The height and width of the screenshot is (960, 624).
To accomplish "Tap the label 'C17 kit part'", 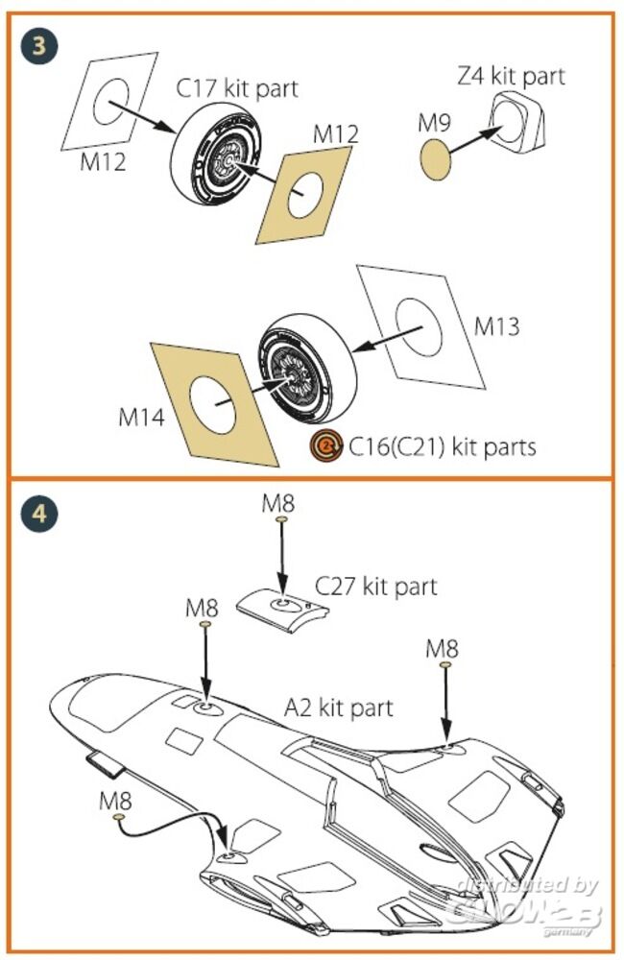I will point(236,88).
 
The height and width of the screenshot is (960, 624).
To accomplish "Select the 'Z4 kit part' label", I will point(511,75).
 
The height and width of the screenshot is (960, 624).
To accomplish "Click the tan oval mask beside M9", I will point(436,161).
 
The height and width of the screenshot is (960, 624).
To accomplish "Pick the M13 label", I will point(496,326).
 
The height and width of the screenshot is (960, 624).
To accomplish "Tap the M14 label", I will point(142,417).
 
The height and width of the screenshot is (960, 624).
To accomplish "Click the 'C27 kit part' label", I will point(376,586).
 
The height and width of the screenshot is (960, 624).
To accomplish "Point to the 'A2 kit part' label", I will point(339,708).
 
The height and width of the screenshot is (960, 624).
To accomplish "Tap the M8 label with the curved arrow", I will point(115,799).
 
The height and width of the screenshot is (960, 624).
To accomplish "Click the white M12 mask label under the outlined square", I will point(103,162).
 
